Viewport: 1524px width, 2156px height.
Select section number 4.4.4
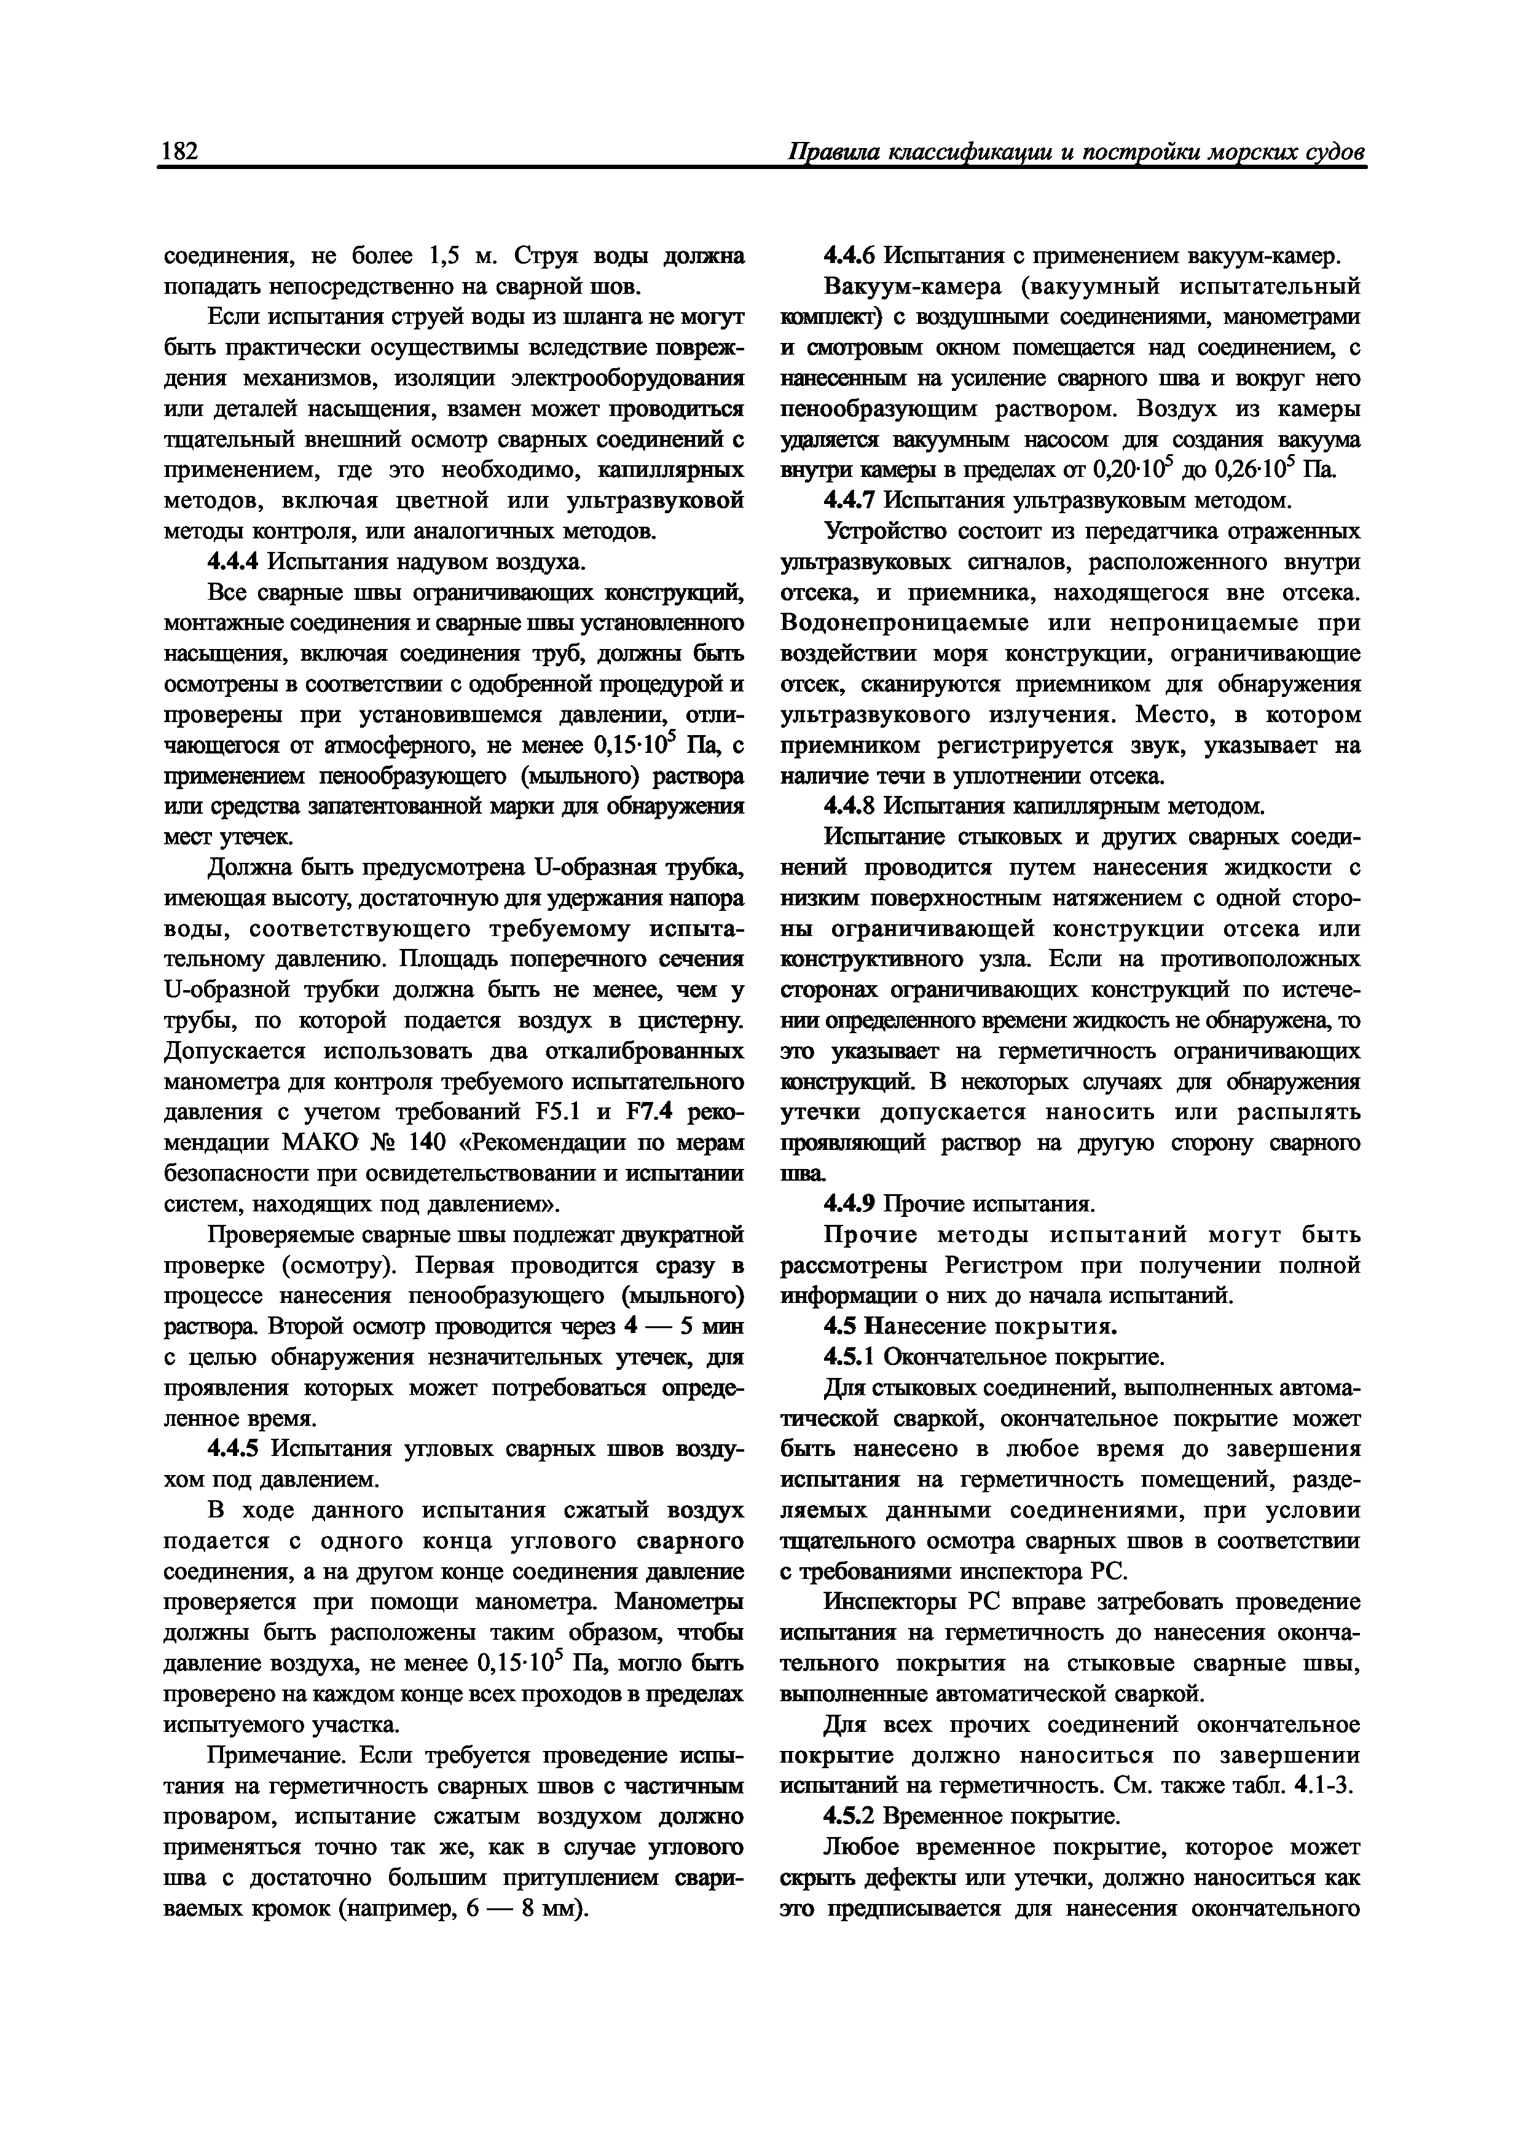coord(233,562)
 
